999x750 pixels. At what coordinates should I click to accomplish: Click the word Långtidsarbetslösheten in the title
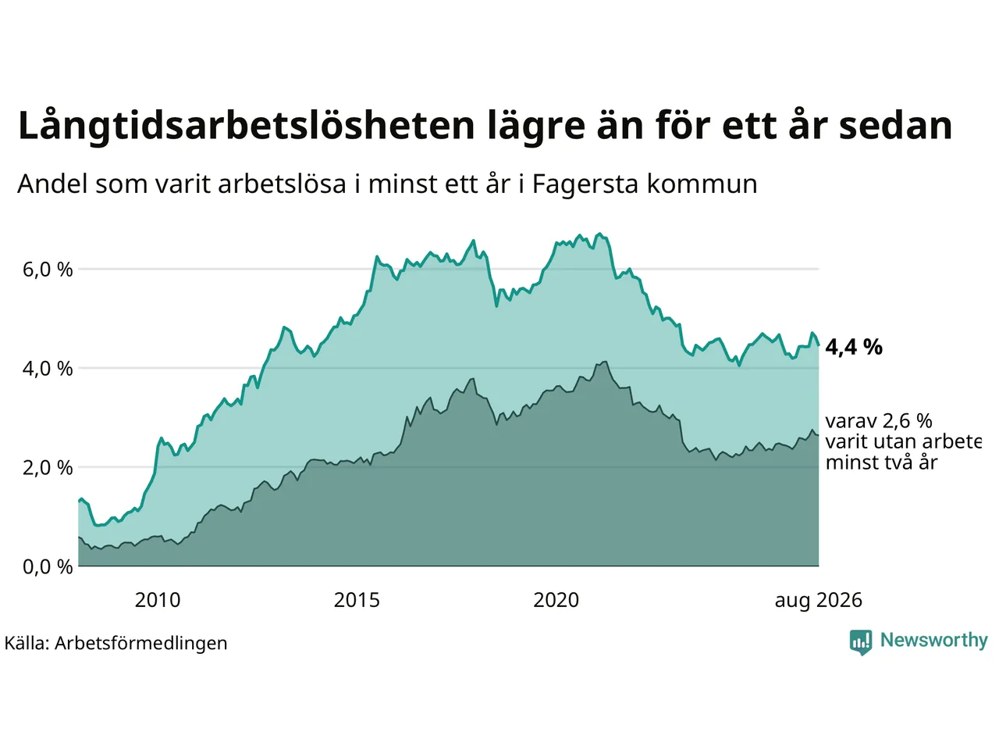pyautogui.click(x=246, y=126)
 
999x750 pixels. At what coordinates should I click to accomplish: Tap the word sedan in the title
pyautogui.click(x=896, y=125)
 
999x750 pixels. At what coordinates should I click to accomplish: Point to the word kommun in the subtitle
pyautogui.click(x=702, y=184)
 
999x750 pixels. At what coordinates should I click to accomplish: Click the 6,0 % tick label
pyautogui.click(x=48, y=270)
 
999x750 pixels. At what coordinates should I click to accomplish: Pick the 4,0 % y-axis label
pyautogui.click(x=48, y=369)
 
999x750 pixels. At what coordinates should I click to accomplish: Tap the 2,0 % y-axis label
pyautogui.click(x=48, y=468)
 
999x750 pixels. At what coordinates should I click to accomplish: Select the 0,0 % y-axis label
pyautogui.click(x=48, y=567)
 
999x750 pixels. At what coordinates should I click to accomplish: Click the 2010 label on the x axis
pyautogui.click(x=158, y=600)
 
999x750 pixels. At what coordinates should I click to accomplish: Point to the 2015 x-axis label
pyautogui.click(x=357, y=600)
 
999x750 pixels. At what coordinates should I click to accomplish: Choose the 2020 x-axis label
pyautogui.click(x=556, y=600)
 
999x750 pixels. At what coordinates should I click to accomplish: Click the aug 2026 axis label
pyautogui.click(x=818, y=601)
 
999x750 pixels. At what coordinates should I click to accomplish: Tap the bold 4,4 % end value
pyautogui.click(x=854, y=348)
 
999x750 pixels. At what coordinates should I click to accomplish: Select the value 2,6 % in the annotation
pyautogui.click(x=907, y=421)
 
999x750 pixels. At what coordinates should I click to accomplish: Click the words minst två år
pyautogui.click(x=882, y=462)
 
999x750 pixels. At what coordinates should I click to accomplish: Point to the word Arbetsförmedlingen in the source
pyautogui.click(x=140, y=643)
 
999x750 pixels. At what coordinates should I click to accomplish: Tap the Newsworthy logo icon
pyautogui.click(x=861, y=642)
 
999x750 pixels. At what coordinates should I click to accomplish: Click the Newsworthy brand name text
pyautogui.click(x=934, y=640)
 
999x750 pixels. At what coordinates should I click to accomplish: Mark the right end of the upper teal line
pyautogui.click(x=819, y=345)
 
